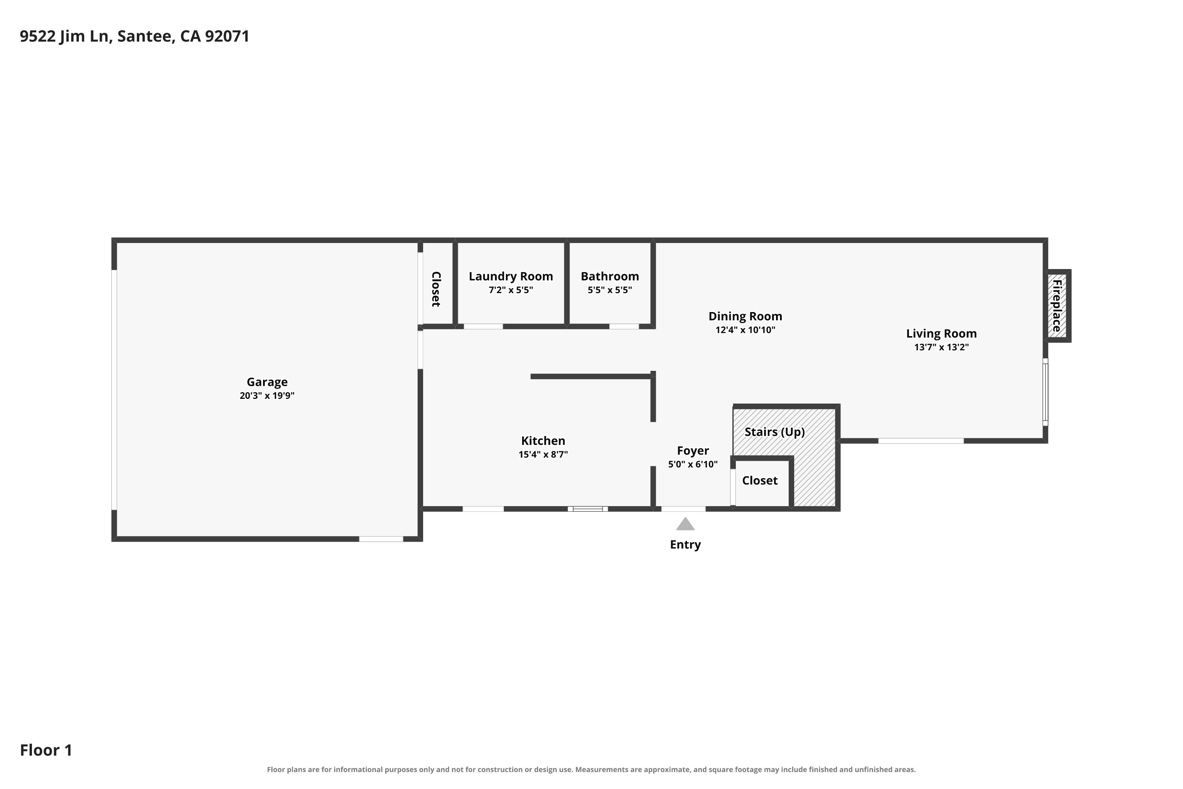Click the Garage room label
pos(267,382)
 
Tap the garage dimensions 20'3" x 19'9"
pos(267,396)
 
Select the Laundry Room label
pos(511,276)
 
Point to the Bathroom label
pos(610,276)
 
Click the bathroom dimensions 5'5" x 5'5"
pos(610,290)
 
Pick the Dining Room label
pos(745,316)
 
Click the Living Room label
pos(941,334)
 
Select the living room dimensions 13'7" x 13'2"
pos(941,347)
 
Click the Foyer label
pos(692,451)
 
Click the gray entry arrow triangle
pos(685,524)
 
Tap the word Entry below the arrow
pos(685,544)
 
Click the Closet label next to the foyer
pos(759,481)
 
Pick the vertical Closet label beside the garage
pos(436,289)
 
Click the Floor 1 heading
pos(46,750)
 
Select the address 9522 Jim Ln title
pos(134,36)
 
